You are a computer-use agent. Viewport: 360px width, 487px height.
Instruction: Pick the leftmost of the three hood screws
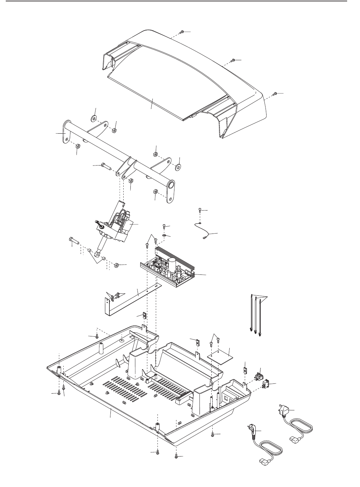pos(182,32)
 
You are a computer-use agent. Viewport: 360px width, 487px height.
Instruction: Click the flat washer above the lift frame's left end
pos(93,118)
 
